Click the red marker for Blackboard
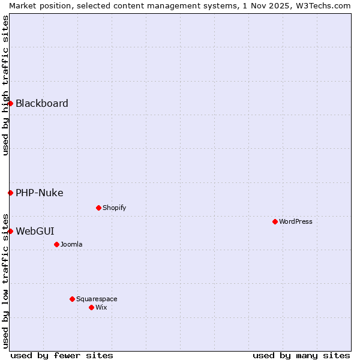pyautogui.click(x=10, y=103)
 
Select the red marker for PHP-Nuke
pyautogui.click(x=10, y=193)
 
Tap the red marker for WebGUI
pyautogui.click(x=10, y=231)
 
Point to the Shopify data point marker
pyautogui.click(x=98, y=208)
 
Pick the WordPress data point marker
pyautogui.click(x=275, y=221)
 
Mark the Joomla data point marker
pyautogui.click(x=56, y=244)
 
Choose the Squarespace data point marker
pyautogui.click(x=72, y=299)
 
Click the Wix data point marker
pyautogui.click(x=91, y=307)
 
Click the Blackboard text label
pyautogui.click(x=42, y=103)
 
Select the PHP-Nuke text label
pyautogui.click(x=40, y=193)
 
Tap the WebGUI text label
pyautogui.click(x=35, y=231)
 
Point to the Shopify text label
pyautogui.click(x=114, y=208)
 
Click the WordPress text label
pyautogui.click(x=296, y=221)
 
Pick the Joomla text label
pyautogui.click(x=71, y=244)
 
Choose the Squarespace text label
pyautogui.click(x=97, y=299)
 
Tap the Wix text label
pyautogui.click(x=101, y=307)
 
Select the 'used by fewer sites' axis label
pyautogui.click(x=62, y=355)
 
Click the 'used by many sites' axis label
pyautogui.click(x=301, y=355)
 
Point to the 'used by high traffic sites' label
pyautogui.click(x=5, y=85)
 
